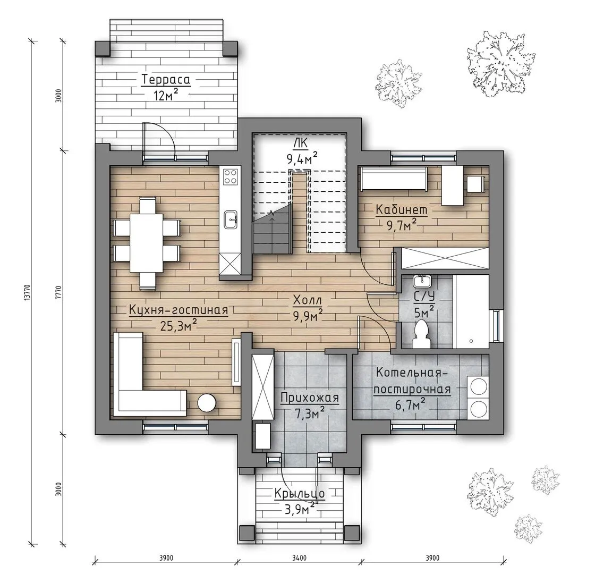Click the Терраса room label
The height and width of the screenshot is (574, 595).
coord(166,80)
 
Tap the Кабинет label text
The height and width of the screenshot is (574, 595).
coord(402,209)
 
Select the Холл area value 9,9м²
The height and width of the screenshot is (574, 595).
coord(308,315)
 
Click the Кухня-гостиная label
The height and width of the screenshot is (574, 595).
coord(178,310)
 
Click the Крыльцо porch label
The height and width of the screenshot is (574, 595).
coord(300,494)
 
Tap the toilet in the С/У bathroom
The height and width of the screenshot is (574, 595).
coord(421,334)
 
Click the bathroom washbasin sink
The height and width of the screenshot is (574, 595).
coord(422,281)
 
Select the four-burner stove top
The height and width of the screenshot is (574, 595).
coord(231,176)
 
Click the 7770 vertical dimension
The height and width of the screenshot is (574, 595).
coord(58,292)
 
